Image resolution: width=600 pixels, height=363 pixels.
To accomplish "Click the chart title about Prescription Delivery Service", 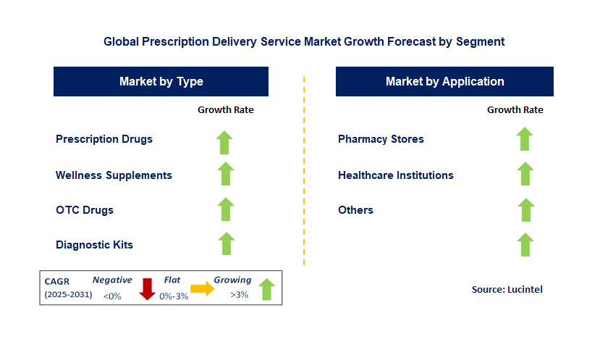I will [304, 42].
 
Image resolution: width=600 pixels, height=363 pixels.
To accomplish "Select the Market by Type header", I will [161, 81].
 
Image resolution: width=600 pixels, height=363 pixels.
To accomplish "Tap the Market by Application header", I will [444, 81].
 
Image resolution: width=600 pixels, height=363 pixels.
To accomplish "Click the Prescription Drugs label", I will [104, 139].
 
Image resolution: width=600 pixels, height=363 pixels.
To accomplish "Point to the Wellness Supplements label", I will [114, 175].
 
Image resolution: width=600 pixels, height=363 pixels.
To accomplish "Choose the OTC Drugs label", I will [85, 210].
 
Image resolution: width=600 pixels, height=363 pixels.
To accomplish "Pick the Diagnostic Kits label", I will [94, 245].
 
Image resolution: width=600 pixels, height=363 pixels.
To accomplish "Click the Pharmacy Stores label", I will [381, 139].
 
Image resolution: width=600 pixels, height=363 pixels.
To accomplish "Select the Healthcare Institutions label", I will [396, 175].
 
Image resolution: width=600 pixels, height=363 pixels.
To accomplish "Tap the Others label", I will [355, 210].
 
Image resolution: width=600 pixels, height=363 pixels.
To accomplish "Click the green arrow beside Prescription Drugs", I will [226, 141].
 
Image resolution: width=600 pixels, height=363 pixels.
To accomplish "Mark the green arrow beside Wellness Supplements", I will [226, 174].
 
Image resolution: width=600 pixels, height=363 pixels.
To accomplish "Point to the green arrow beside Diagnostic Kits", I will [226, 244].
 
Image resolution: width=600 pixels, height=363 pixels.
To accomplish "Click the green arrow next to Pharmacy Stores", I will [525, 138].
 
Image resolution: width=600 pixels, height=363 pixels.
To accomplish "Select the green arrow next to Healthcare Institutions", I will [525, 174].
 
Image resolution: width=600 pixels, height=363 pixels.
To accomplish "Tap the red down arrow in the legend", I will [147, 288].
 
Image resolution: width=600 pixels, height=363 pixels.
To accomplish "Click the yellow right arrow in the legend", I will [203, 288].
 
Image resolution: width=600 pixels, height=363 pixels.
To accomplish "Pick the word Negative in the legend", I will [112, 280].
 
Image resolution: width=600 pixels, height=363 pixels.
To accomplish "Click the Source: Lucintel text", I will [507, 289].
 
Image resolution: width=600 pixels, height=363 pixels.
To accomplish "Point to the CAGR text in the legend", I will [59, 280].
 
